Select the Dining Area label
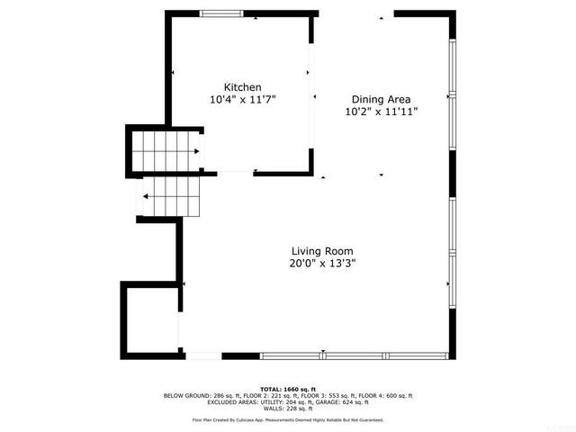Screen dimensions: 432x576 tap(381, 100)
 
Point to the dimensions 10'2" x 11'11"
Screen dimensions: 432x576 tap(381, 112)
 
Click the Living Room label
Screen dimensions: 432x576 tap(321, 251)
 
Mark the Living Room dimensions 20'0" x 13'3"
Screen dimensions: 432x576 tap(321, 264)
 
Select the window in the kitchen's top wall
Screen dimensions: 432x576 tap(220, 13)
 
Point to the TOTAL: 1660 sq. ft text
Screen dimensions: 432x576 tap(288, 389)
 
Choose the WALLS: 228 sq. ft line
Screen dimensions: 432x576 tap(288, 409)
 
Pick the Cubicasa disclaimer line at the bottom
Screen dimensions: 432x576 tap(288, 419)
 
